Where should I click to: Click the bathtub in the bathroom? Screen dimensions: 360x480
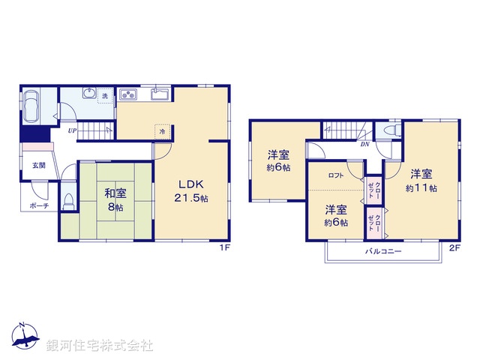pyautogui.click(x=33, y=106)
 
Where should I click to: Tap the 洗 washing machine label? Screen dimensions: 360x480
pyautogui.click(x=105, y=96)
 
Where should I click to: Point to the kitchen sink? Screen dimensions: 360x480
pyautogui.click(x=159, y=94)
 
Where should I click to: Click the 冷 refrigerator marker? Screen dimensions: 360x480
pyautogui.click(x=163, y=130)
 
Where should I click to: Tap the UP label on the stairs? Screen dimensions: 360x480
pyautogui.click(x=71, y=131)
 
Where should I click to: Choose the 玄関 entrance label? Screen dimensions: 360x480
pyautogui.click(x=38, y=165)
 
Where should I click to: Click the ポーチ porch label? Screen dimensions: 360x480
pyautogui.click(x=39, y=204)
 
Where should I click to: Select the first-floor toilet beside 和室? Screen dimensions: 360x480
pyautogui.click(x=69, y=201)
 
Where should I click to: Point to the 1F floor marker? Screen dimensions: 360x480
pyautogui.click(x=224, y=247)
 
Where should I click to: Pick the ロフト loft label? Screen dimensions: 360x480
pyautogui.click(x=335, y=175)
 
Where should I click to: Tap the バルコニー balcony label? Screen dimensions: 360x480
pyautogui.click(x=383, y=252)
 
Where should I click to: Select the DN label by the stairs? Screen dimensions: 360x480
pyautogui.click(x=364, y=144)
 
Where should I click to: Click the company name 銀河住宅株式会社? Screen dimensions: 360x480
pyautogui.click(x=100, y=346)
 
